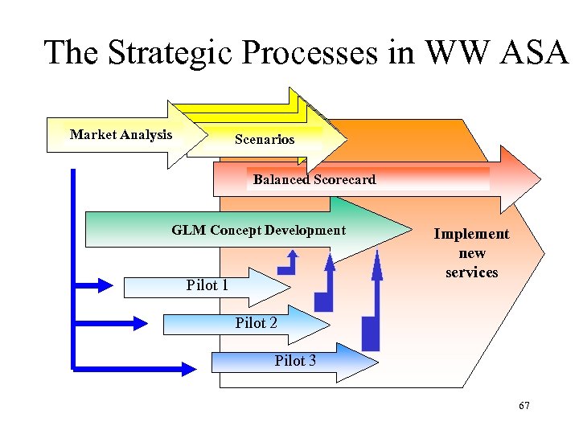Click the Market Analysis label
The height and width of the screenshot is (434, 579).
click(x=121, y=134)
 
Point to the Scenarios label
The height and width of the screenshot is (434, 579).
click(x=265, y=140)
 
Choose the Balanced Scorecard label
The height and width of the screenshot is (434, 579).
click(x=314, y=180)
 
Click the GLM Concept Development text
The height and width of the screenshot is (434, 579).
click(x=258, y=231)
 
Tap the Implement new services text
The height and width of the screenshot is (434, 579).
click(x=471, y=253)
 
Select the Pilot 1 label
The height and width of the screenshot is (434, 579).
click(x=207, y=285)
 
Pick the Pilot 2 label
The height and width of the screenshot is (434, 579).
click(x=256, y=323)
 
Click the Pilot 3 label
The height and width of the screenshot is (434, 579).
click(x=295, y=361)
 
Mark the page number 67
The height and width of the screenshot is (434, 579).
click(x=524, y=406)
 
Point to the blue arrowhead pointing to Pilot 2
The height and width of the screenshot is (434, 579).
click(x=140, y=322)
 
